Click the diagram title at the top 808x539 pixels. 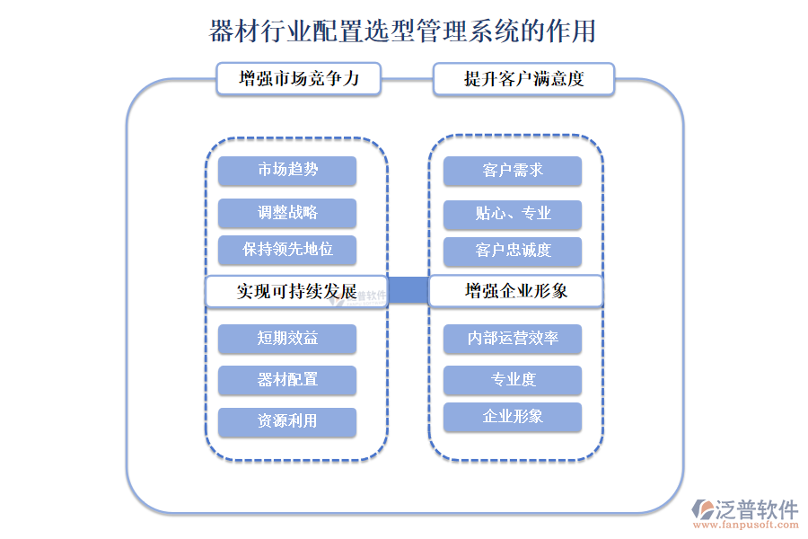click(402, 31)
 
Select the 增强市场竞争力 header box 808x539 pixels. click(298, 79)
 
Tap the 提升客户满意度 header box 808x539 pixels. click(523, 79)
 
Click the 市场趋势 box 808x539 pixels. click(287, 171)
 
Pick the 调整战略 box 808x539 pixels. click(287, 213)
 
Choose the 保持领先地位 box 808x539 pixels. click(287, 250)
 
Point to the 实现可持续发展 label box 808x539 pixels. click(296, 292)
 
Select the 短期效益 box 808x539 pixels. click(287, 339)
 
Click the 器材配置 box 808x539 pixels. click(287, 380)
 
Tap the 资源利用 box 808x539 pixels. click(287, 421)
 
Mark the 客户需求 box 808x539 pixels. click(513, 171)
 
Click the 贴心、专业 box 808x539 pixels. click(513, 214)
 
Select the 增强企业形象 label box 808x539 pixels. click(515, 292)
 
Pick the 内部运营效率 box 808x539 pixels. click(513, 339)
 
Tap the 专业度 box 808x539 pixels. click(513, 380)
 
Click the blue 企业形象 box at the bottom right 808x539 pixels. click(513, 417)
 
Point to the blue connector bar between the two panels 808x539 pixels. click(408, 290)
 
